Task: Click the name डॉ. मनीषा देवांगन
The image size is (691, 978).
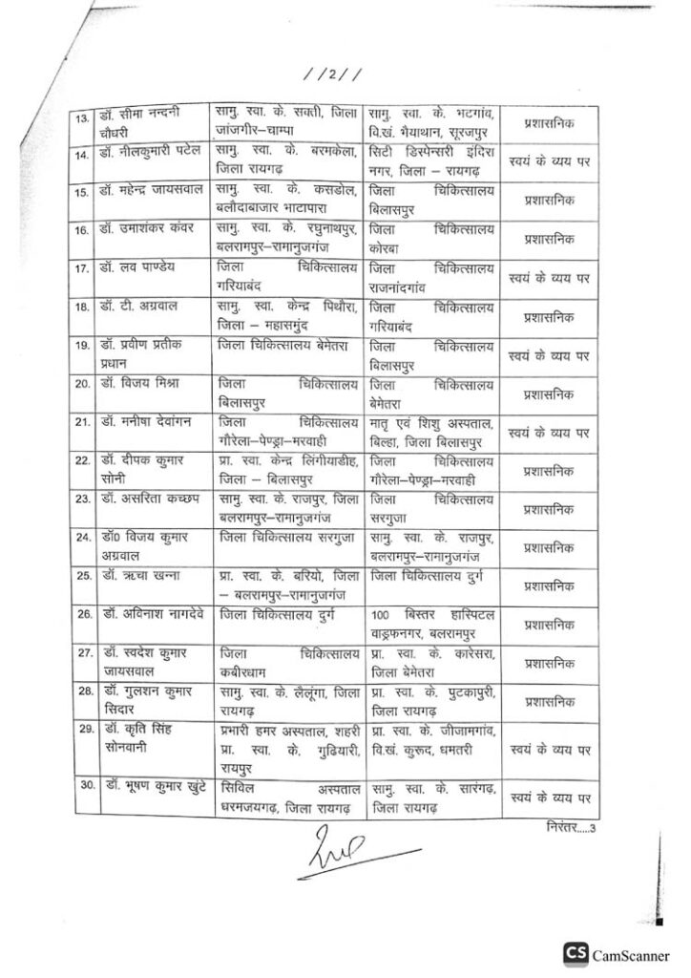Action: tap(147, 420)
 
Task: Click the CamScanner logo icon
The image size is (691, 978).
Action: tap(575, 952)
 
